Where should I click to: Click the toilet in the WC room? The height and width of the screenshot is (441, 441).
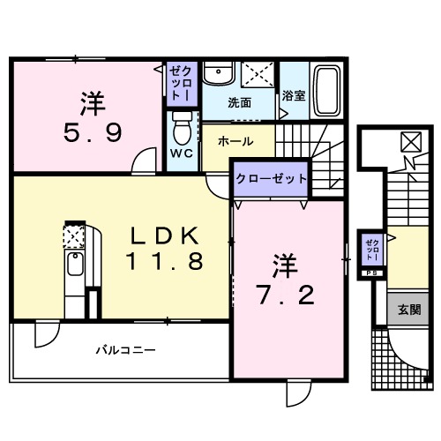(183, 131)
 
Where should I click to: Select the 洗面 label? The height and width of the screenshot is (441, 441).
(239, 101)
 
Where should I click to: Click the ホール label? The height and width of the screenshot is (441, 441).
(235, 141)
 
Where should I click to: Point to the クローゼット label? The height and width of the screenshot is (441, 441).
(271, 178)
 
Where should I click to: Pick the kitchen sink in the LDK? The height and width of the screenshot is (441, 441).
(74, 265)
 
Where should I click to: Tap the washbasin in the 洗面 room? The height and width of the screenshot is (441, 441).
(215, 74)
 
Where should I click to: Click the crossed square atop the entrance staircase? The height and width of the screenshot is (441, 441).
(411, 141)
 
